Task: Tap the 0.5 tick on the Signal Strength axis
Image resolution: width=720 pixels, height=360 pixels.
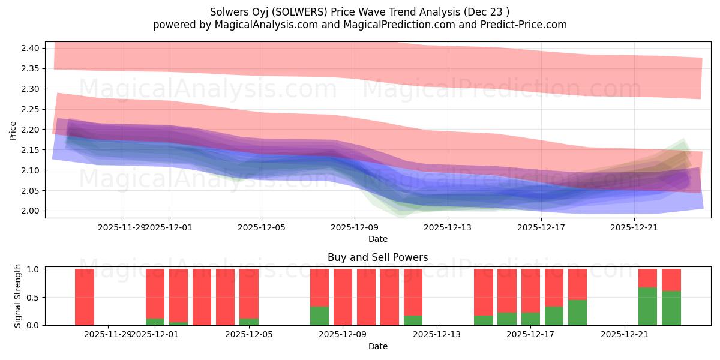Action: tap(34, 297)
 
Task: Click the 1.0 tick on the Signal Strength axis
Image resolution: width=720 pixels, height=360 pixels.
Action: tap(34, 269)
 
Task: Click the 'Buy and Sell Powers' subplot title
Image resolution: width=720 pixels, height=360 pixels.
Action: tap(377, 257)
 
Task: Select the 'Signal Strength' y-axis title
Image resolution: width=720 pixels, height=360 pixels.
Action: tap(18, 296)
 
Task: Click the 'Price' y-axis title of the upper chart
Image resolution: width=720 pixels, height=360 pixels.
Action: tap(13, 130)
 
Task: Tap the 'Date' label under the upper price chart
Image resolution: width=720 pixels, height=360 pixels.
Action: tap(377, 239)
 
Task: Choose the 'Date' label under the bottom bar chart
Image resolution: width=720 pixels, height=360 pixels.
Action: tap(377, 346)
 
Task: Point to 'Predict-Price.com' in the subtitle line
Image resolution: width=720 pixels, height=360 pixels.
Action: tap(525, 25)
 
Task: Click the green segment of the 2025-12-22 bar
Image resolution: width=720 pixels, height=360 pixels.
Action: tap(647, 306)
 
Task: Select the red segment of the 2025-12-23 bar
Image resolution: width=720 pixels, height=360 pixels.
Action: tap(671, 280)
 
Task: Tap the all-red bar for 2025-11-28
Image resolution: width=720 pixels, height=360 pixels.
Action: tap(85, 297)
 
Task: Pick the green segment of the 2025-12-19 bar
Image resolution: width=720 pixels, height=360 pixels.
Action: tap(577, 312)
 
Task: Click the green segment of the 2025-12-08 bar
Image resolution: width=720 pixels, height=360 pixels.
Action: tap(319, 316)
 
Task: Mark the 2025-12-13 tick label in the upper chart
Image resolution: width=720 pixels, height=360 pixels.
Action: tap(448, 227)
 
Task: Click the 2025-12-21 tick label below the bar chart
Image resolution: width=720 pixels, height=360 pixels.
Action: tap(625, 334)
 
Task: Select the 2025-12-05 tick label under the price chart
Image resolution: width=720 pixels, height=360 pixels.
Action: tap(261, 227)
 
